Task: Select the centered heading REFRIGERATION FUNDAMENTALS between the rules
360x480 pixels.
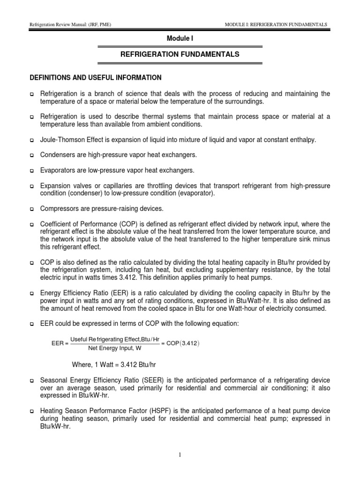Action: coord(180,54)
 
